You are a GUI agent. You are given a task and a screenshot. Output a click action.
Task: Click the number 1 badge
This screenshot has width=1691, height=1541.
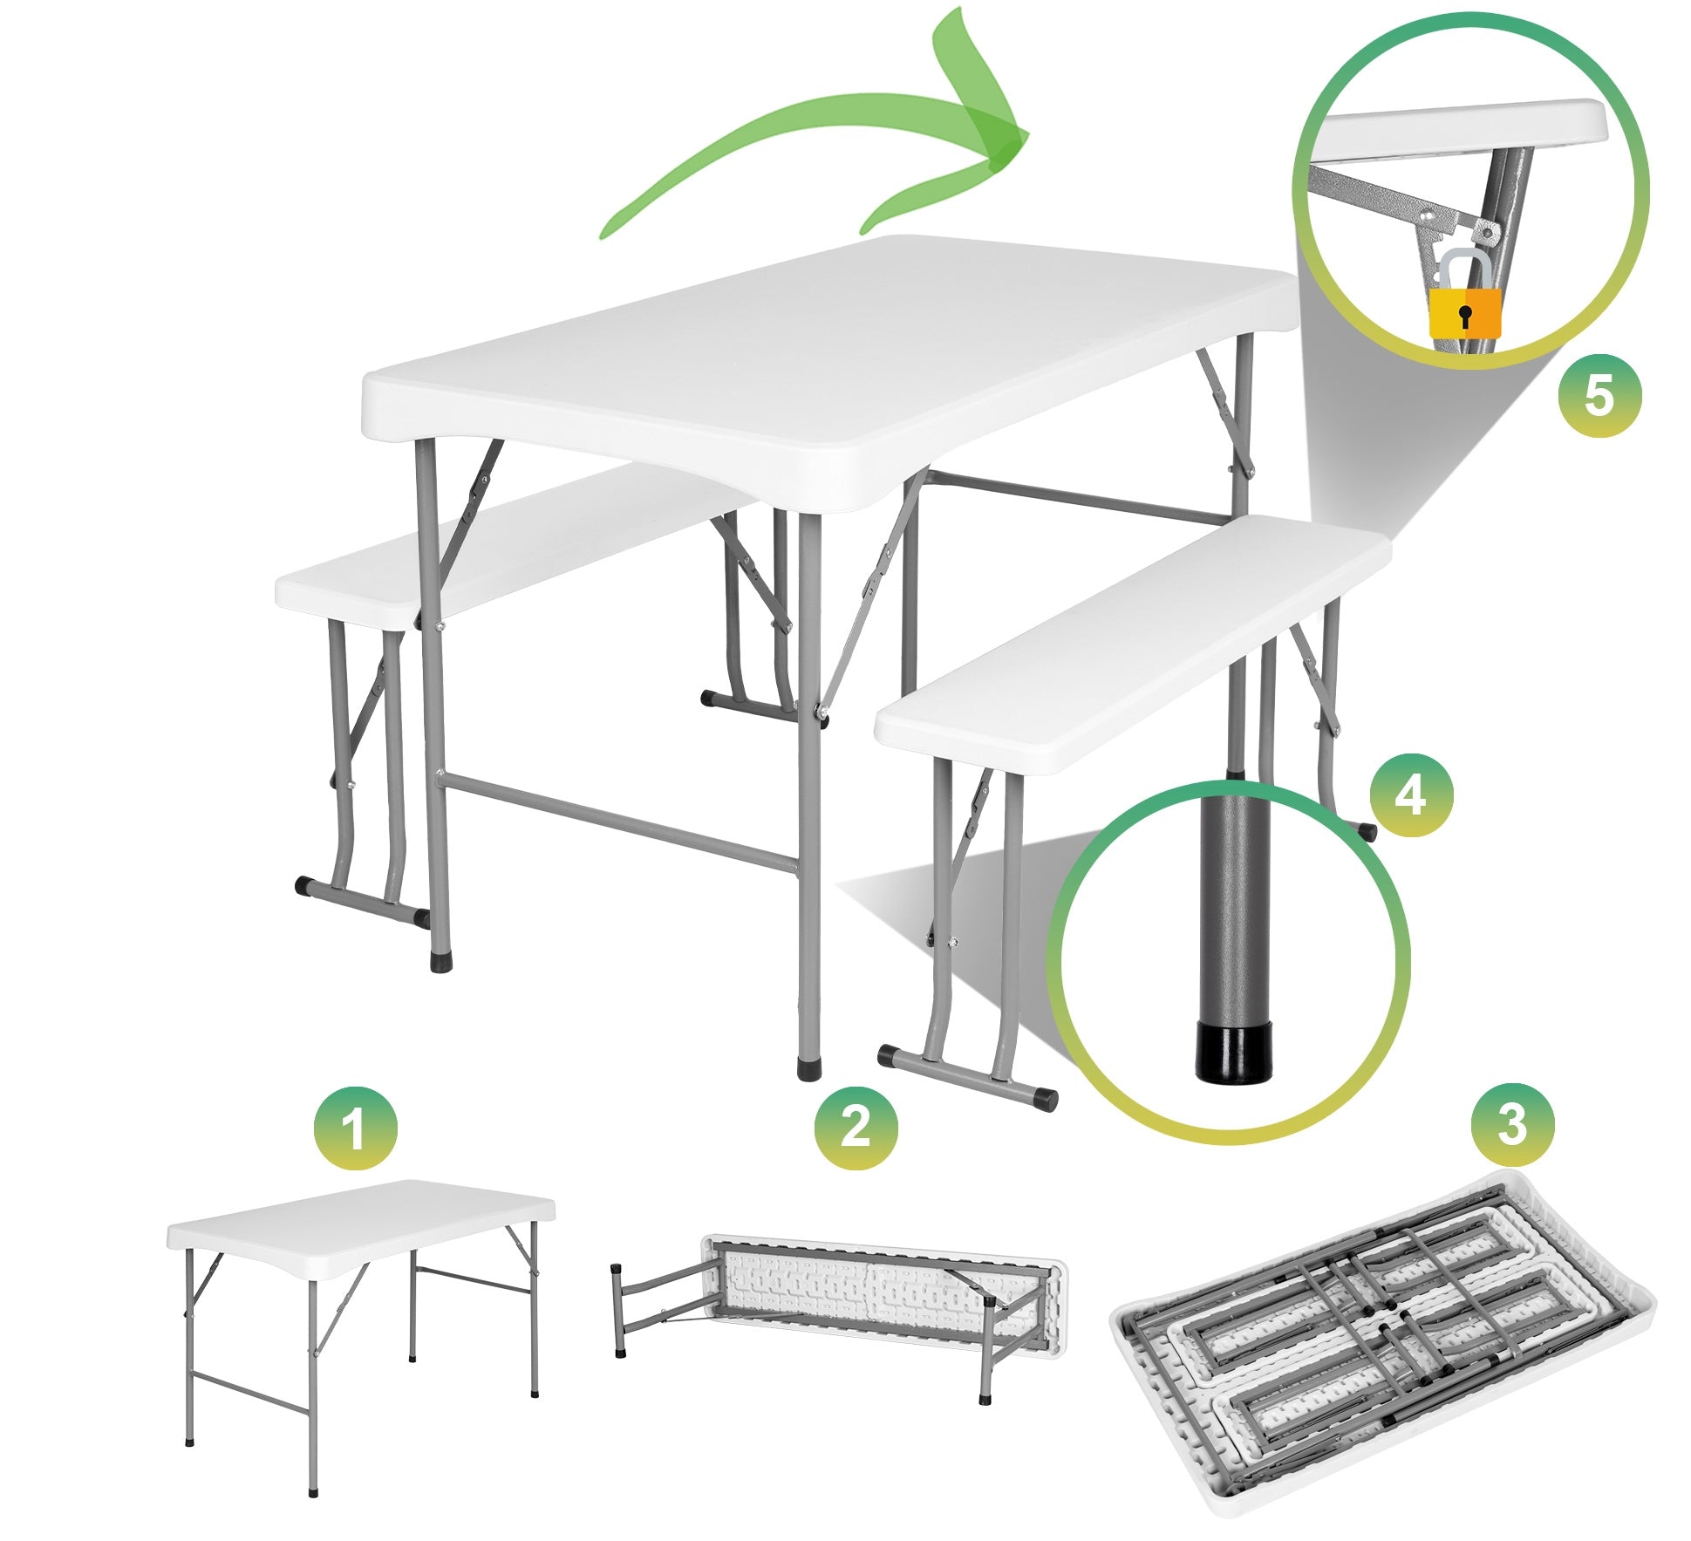point(354,1128)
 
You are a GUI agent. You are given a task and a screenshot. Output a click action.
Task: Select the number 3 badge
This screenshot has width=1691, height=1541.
point(1511,1125)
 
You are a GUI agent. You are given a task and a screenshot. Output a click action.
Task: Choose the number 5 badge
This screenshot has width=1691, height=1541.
point(1599,395)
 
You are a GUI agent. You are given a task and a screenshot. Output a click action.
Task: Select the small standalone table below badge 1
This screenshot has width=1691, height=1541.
point(360,1308)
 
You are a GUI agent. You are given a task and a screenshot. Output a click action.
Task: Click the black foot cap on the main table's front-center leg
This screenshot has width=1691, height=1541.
point(808,1068)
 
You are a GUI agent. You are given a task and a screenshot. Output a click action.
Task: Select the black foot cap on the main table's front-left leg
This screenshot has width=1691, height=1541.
point(441,963)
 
